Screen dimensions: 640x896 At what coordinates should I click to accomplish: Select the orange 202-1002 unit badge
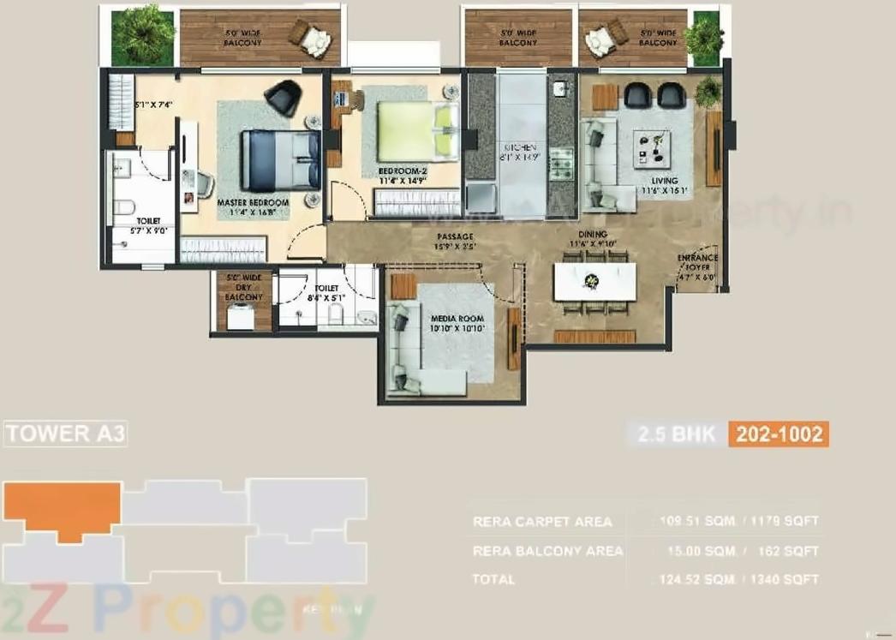(779, 434)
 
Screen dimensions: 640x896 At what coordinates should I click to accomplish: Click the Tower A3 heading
(66, 434)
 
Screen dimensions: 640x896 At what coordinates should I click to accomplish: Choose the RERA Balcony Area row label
(547, 551)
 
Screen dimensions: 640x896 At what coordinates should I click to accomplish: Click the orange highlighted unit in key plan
(62, 509)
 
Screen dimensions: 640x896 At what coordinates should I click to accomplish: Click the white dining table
(594, 281)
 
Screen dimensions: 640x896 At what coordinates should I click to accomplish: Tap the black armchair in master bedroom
(283, 97)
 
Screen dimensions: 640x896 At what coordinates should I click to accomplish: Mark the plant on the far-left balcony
(142, 35)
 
